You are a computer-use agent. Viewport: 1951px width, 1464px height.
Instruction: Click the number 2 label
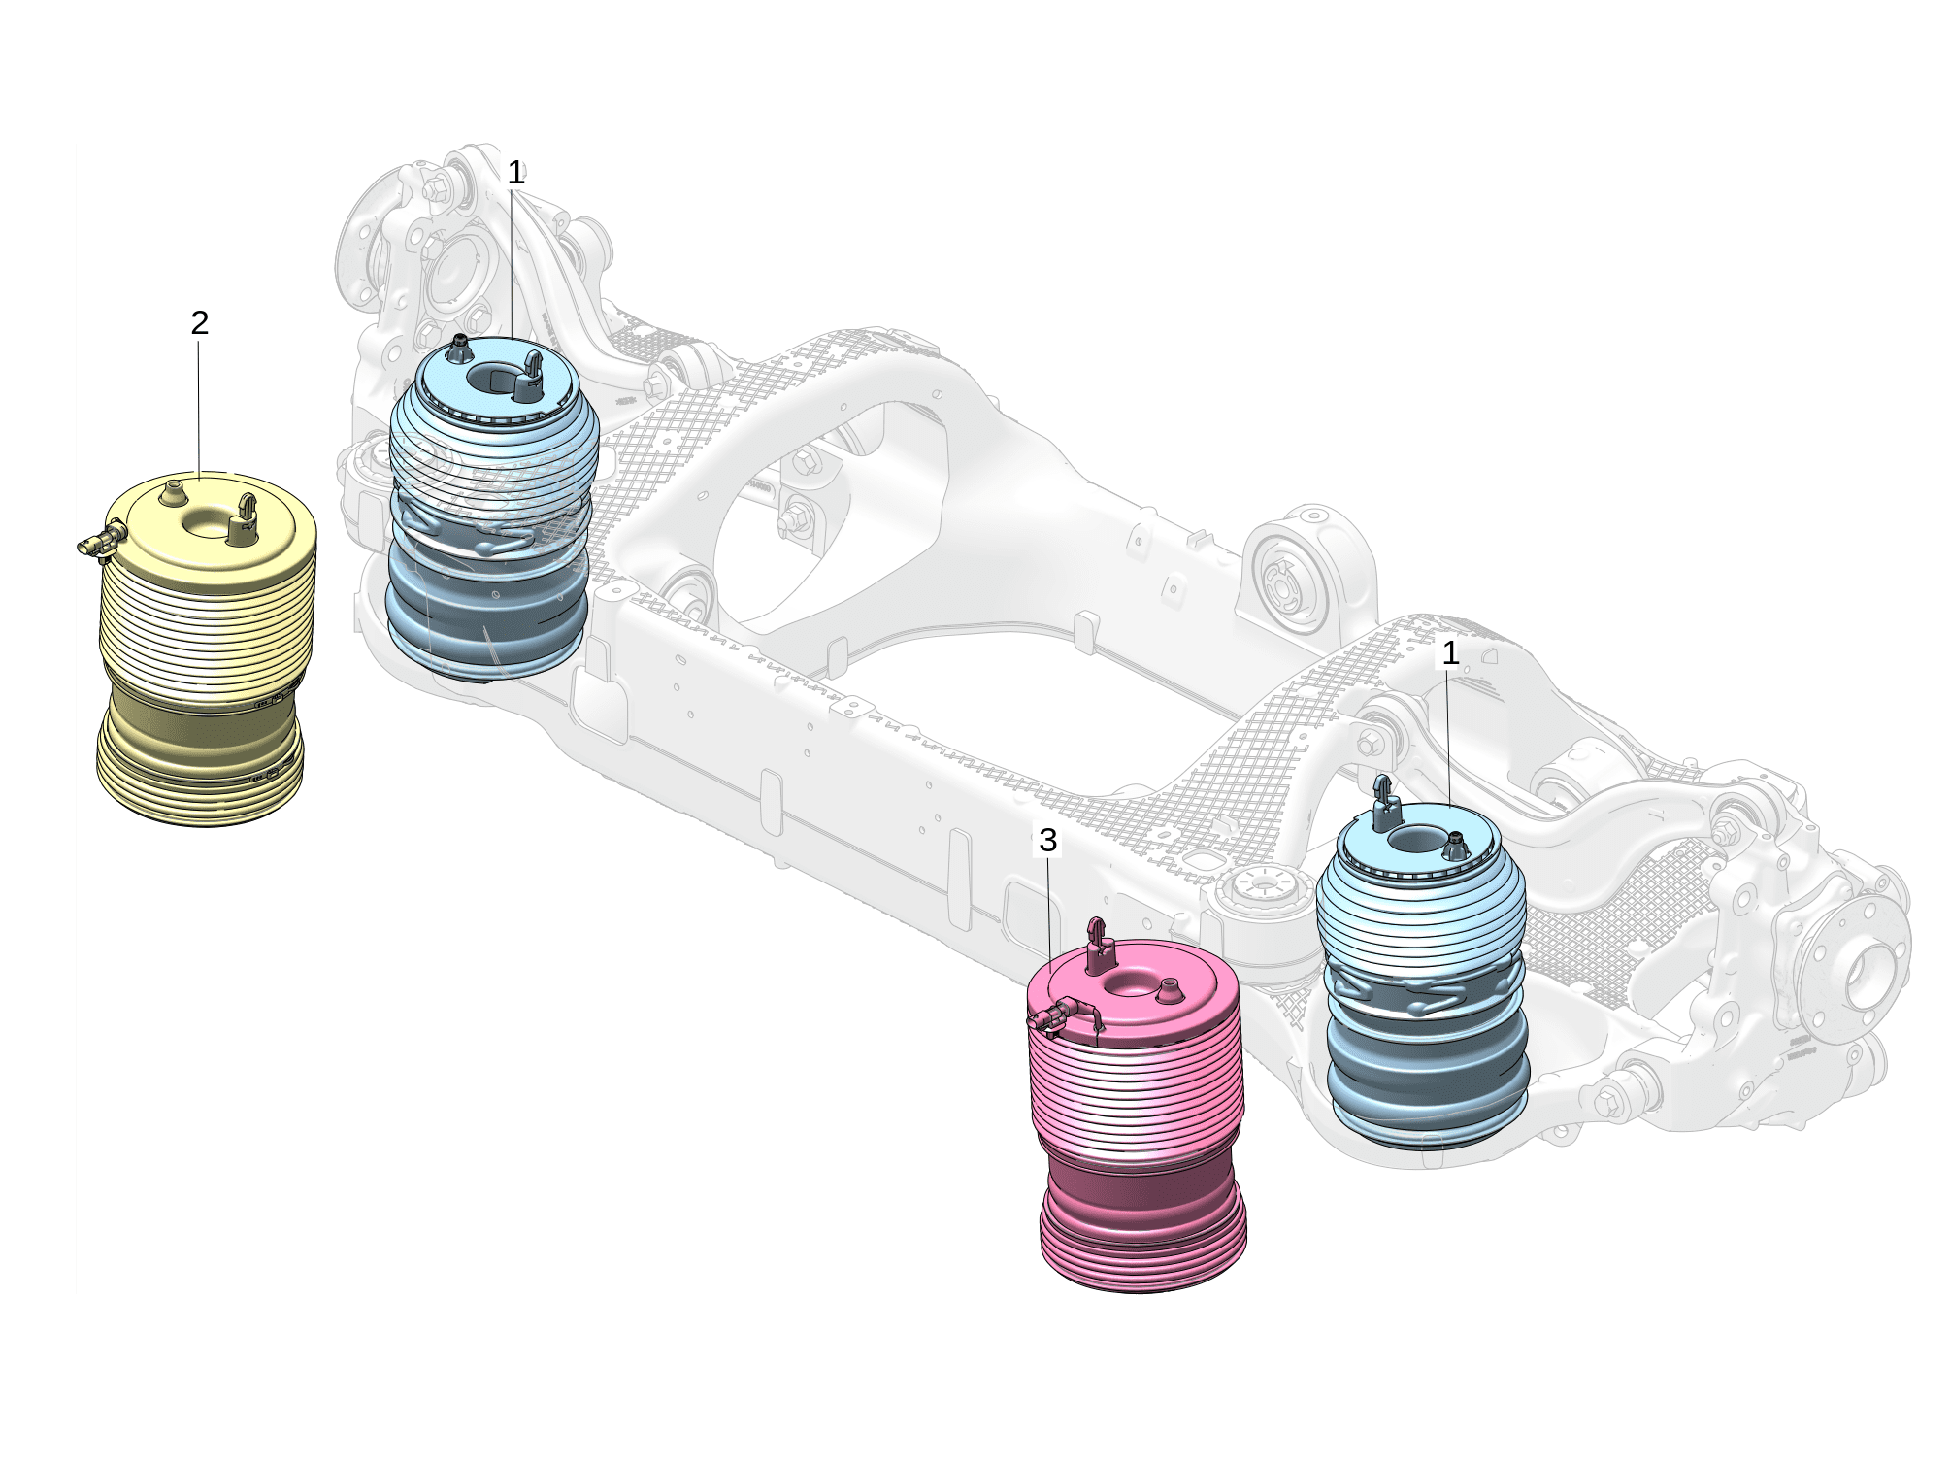200,322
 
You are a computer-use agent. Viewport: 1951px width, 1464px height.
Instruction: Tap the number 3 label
1047,840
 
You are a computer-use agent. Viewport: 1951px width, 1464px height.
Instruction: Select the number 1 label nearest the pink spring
1450,653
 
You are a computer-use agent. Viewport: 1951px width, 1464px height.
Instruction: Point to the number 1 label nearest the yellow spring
516,174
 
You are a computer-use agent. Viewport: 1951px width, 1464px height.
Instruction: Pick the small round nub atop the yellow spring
175,491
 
